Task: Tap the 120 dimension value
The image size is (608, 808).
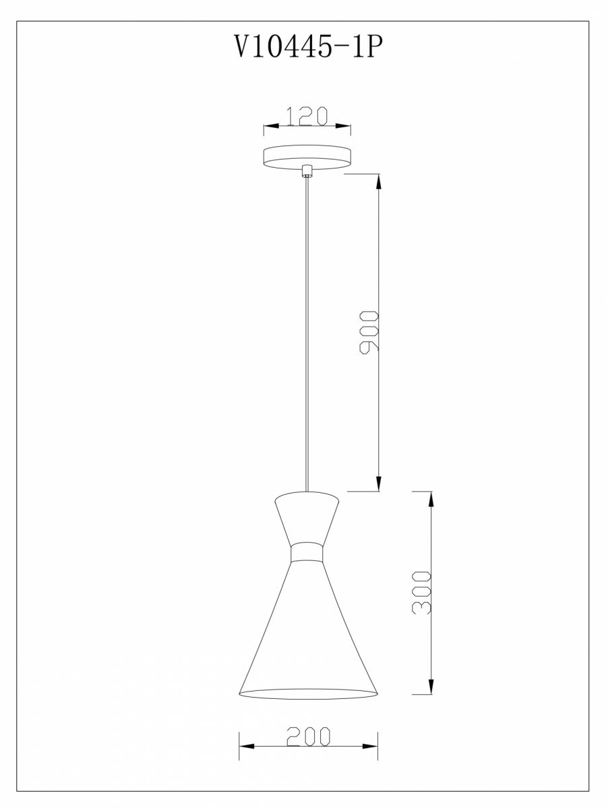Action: (307, 116)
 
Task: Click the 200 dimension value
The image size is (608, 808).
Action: (309, 736)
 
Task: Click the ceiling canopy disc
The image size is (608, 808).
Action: (307, 157)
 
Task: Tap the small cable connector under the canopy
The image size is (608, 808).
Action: (307, 171)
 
